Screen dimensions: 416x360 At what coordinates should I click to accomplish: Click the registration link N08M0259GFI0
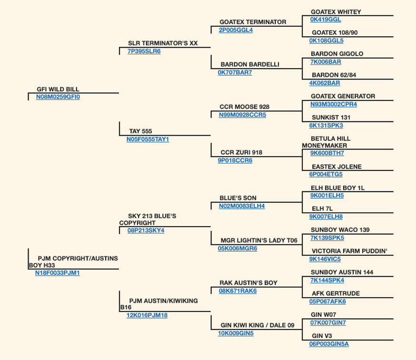click(58, 97)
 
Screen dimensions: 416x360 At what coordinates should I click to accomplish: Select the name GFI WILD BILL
click(58, 89)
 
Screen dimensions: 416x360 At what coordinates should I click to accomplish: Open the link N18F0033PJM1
click(57, 273)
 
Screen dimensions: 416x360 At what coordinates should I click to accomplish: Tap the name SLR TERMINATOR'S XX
click(163, 43)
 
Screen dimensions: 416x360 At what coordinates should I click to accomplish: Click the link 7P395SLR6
click(144, 51)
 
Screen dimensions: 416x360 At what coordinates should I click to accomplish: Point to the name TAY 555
click(140, 131)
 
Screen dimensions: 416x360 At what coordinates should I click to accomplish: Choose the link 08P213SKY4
click(146, 230)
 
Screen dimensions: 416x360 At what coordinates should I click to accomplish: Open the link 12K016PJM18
click(147, 315)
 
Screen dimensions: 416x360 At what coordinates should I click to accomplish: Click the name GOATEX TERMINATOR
click(253, 22)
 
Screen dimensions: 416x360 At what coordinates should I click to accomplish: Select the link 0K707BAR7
click(235, 72)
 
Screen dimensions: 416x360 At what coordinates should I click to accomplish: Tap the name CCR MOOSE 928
click(244, 107)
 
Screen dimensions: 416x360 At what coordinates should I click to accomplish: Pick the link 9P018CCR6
click(235, 160)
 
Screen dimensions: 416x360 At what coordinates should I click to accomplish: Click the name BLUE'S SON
click(238, 198)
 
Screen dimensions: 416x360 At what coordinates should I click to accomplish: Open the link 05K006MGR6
click(238, 249)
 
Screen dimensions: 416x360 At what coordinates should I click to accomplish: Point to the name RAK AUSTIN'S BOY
click(248, 283)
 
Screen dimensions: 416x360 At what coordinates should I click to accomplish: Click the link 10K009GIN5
click(236, 333)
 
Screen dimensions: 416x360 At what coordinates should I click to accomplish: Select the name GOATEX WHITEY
click(336, 12)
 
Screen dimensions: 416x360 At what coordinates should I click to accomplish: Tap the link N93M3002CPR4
click(334, 104)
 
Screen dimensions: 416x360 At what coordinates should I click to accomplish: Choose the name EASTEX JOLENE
click(337, 167)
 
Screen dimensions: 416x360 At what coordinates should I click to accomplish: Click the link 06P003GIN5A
click(329, 344)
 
